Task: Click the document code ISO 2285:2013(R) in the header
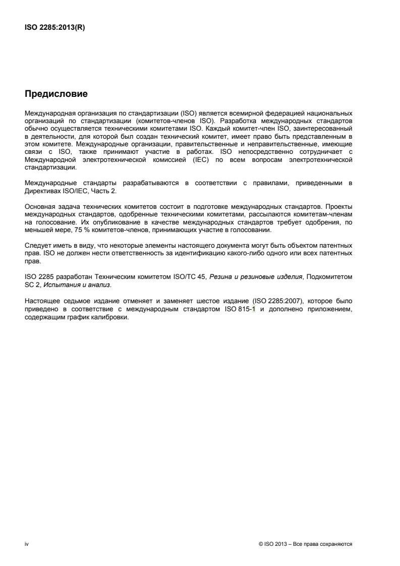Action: click(55, 28)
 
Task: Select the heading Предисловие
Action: click(56, 94)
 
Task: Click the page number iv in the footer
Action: click(26, 544)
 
